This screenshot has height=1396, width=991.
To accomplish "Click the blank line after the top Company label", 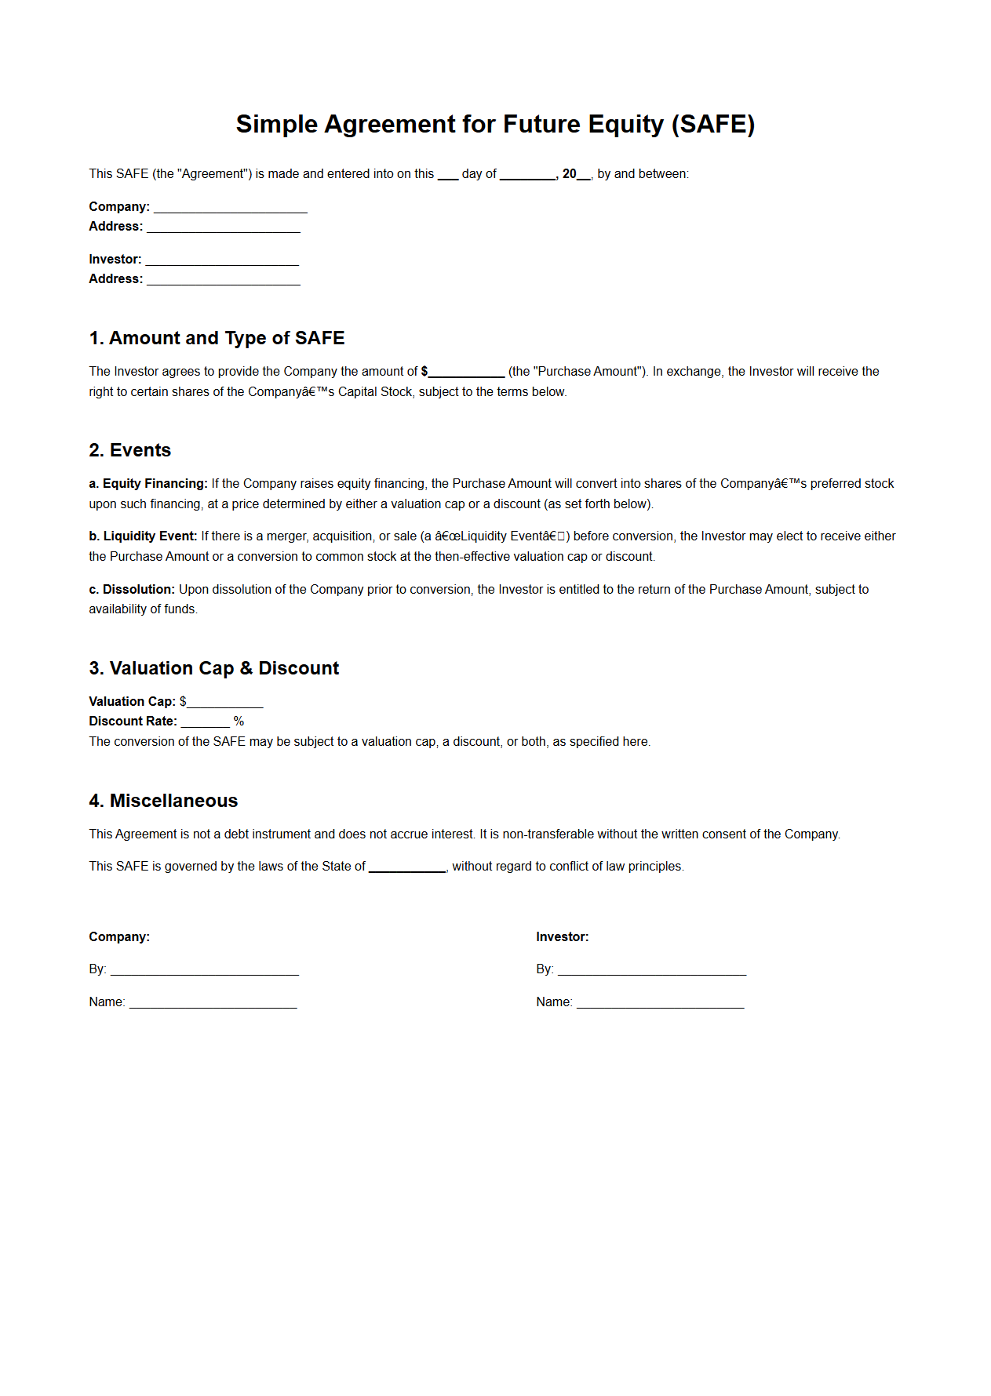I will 230,209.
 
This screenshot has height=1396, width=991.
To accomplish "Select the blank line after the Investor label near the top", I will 222,261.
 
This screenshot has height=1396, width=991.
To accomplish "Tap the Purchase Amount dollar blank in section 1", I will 467,374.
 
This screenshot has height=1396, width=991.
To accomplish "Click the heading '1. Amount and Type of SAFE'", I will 217,338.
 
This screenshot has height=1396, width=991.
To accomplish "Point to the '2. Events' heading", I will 129,450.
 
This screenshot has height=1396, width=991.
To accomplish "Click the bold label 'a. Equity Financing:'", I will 148,484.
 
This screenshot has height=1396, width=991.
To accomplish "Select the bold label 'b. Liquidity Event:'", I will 142,536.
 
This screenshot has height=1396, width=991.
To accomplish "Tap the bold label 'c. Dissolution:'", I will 131,590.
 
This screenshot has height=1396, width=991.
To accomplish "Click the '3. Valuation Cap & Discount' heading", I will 213,668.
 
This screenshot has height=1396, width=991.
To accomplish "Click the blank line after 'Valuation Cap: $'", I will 224,704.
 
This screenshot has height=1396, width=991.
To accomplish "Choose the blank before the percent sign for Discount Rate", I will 205,724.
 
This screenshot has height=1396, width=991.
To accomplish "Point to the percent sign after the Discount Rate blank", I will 239,722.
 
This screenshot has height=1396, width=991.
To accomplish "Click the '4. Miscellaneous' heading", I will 163,801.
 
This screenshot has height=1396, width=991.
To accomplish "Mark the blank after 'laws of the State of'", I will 407,869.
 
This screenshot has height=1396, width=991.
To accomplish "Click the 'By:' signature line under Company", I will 204,972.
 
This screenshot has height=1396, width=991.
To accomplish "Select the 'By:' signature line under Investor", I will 651,972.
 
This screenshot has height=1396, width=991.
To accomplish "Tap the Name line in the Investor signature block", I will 660,1005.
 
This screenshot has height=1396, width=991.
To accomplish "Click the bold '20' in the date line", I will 569,174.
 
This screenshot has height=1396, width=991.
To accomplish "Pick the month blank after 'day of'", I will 527,176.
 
